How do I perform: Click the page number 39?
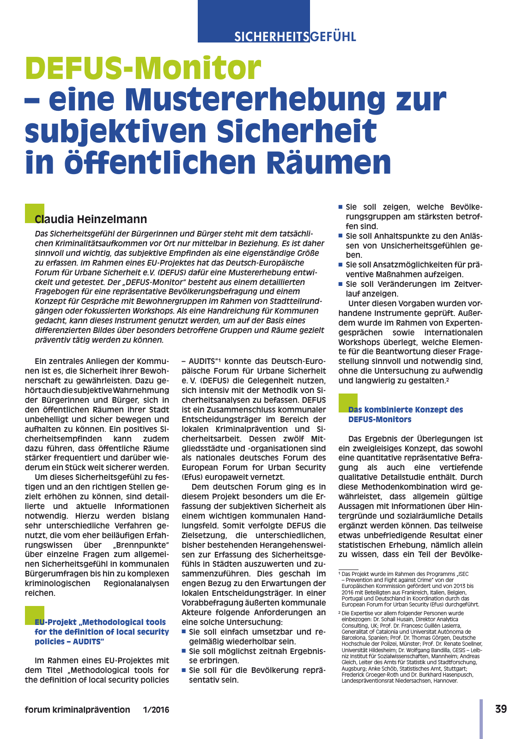501,709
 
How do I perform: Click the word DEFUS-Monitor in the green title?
143,68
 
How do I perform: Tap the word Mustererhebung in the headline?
255,99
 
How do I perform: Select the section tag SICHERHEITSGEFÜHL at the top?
295,36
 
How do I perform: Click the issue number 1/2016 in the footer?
156,710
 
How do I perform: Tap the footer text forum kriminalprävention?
78,710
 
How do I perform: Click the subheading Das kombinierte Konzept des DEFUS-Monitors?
405,414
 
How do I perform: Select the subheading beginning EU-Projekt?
102,631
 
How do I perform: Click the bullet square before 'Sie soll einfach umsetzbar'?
184,631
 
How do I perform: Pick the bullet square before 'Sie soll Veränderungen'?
341,284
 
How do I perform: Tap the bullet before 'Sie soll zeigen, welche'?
341,207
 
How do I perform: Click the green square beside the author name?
34,212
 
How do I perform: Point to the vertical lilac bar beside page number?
481,718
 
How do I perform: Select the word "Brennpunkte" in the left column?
146,545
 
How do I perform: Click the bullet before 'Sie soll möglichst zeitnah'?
184,650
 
